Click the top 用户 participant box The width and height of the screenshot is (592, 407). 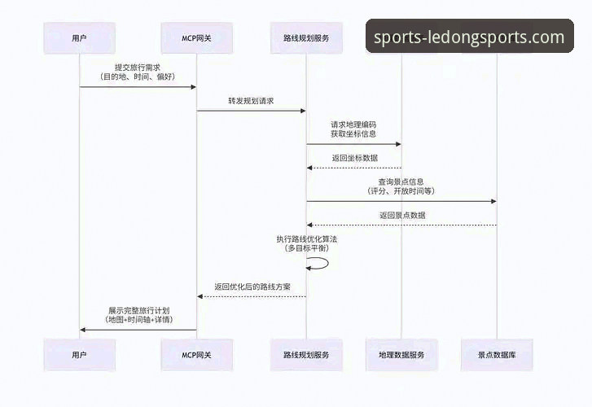tap(79, 37)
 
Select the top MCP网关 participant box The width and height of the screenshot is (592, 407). tap(196, 37)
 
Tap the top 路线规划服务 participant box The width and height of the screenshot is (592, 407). tap(306, 37)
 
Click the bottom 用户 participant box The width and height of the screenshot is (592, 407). tap(79, 355)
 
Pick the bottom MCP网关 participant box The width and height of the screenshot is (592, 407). tap(196, 355)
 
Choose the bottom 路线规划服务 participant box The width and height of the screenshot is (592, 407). tap(306, 355)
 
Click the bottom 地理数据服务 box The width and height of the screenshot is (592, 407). tap(401, 355)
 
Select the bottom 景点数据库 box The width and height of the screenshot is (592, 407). tap(496, 355)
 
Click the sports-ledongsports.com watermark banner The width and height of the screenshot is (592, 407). tap(469, 37)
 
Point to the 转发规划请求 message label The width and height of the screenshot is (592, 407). tap(251, 101)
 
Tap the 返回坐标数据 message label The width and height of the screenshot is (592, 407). tap(354, 158)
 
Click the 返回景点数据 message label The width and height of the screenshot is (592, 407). tap(401, 215)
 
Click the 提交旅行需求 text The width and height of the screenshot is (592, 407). tap(137, 67)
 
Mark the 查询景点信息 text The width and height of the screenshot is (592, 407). tap(401, 181)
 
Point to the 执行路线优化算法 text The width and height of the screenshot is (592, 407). tap(306, 238)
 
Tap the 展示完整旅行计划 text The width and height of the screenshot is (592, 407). tap(139, 310)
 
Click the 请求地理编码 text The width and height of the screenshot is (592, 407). tap(353, 124)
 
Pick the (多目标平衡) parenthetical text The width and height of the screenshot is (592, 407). tap(306, 247)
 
